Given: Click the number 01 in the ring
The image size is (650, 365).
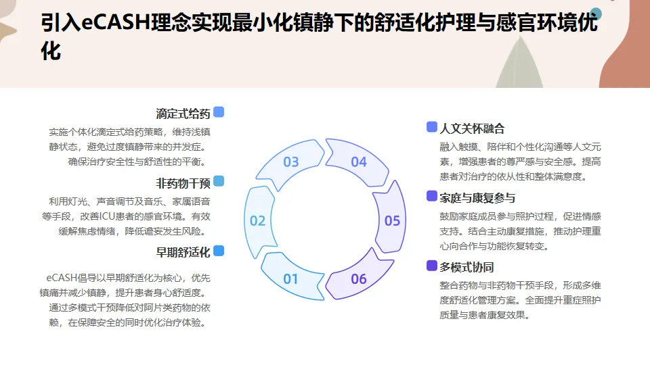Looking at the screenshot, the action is click(x=290, y=278).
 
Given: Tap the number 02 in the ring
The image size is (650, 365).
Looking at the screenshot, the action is click(x=257, y=220).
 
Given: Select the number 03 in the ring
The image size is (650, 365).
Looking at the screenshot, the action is click(x=290, y=162).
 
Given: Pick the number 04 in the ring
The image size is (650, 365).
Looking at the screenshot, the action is click(x=359, y=162).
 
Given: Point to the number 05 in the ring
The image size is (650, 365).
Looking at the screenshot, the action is click(x=393, y=220).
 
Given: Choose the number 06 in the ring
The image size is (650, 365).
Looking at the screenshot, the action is click(x=359, y=278).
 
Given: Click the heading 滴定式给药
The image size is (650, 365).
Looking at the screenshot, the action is click(x=183, y=114).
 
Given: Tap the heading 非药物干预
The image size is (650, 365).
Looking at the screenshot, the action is click(x=183, y=182).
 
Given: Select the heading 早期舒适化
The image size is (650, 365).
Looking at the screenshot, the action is click(x=183, y=252).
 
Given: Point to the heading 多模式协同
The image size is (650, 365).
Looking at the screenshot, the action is click(x=467, y=266).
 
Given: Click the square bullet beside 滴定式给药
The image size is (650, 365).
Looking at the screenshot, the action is click(x=219, y=112).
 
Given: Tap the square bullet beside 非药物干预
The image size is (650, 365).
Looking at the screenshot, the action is click(x=219, y=181).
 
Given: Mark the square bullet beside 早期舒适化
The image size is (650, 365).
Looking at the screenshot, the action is click(x=219, y=251).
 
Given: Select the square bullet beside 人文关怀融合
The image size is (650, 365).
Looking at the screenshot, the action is click(x=432, y=127).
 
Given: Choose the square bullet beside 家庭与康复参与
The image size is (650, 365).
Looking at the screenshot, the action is click(x=432, y=196).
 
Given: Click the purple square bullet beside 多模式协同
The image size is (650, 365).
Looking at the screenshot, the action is click(x=432, y=266).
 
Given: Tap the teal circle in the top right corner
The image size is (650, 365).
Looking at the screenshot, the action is click(x=597, y=13).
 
